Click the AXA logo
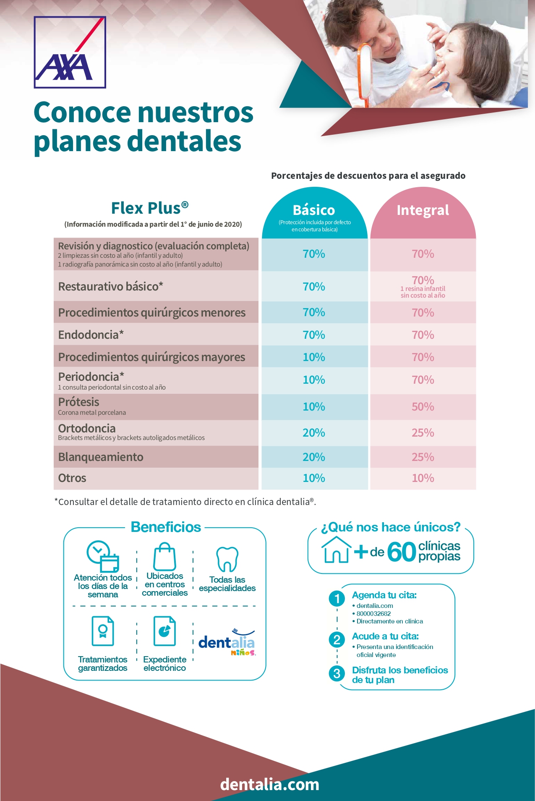point(70,52)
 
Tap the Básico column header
point(314,210)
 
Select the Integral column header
point(423,210)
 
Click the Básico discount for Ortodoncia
point(314,433)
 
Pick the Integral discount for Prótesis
point(423,407)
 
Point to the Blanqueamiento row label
point(101,457)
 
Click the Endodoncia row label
point(91,335)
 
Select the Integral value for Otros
point(423,478)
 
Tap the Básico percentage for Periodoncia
point(314,380)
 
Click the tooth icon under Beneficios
point(227,559)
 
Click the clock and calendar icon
point(103,556)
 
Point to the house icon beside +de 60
point(336,550)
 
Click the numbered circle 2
point(337,640)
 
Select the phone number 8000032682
point(373,614)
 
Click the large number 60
point(401,552)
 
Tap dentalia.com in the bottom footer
point(269,784)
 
